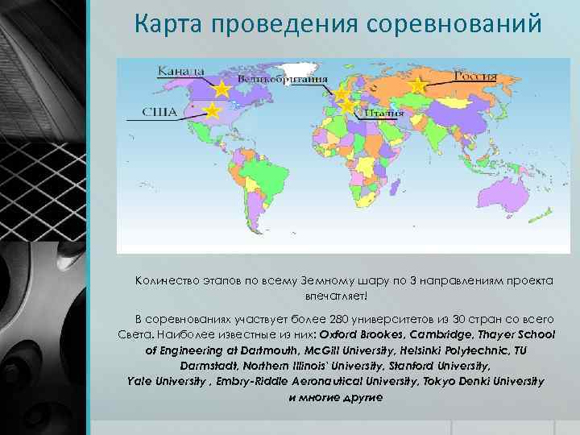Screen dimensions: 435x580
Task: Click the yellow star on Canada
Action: [222, 88]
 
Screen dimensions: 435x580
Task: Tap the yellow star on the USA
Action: [212, 110]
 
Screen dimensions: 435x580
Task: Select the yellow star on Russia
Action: [417, 85]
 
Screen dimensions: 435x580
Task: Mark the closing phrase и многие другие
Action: [336, 397]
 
